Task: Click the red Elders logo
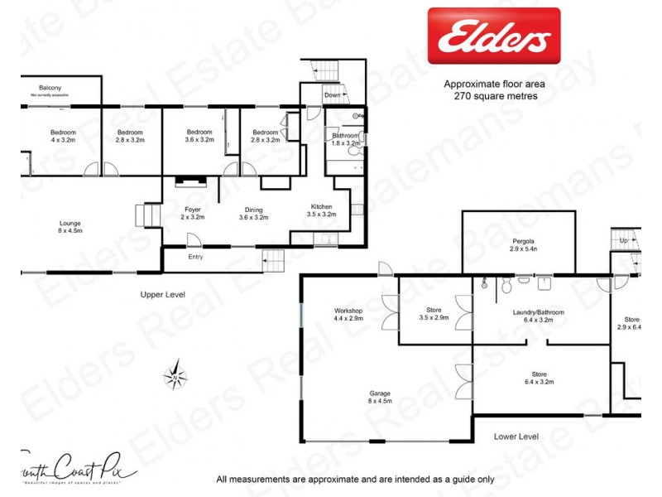tap(493, 36)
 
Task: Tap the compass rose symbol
tap(175, 376)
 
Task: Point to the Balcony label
tap(50, 88)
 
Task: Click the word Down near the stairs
tap(331, 95)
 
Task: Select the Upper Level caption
tap(162, 294)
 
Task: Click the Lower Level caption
tap(516, 436)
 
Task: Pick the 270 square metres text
tap(491, 96)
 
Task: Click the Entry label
tap(195, 257)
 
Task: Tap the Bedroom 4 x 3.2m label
tap(63, 137)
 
